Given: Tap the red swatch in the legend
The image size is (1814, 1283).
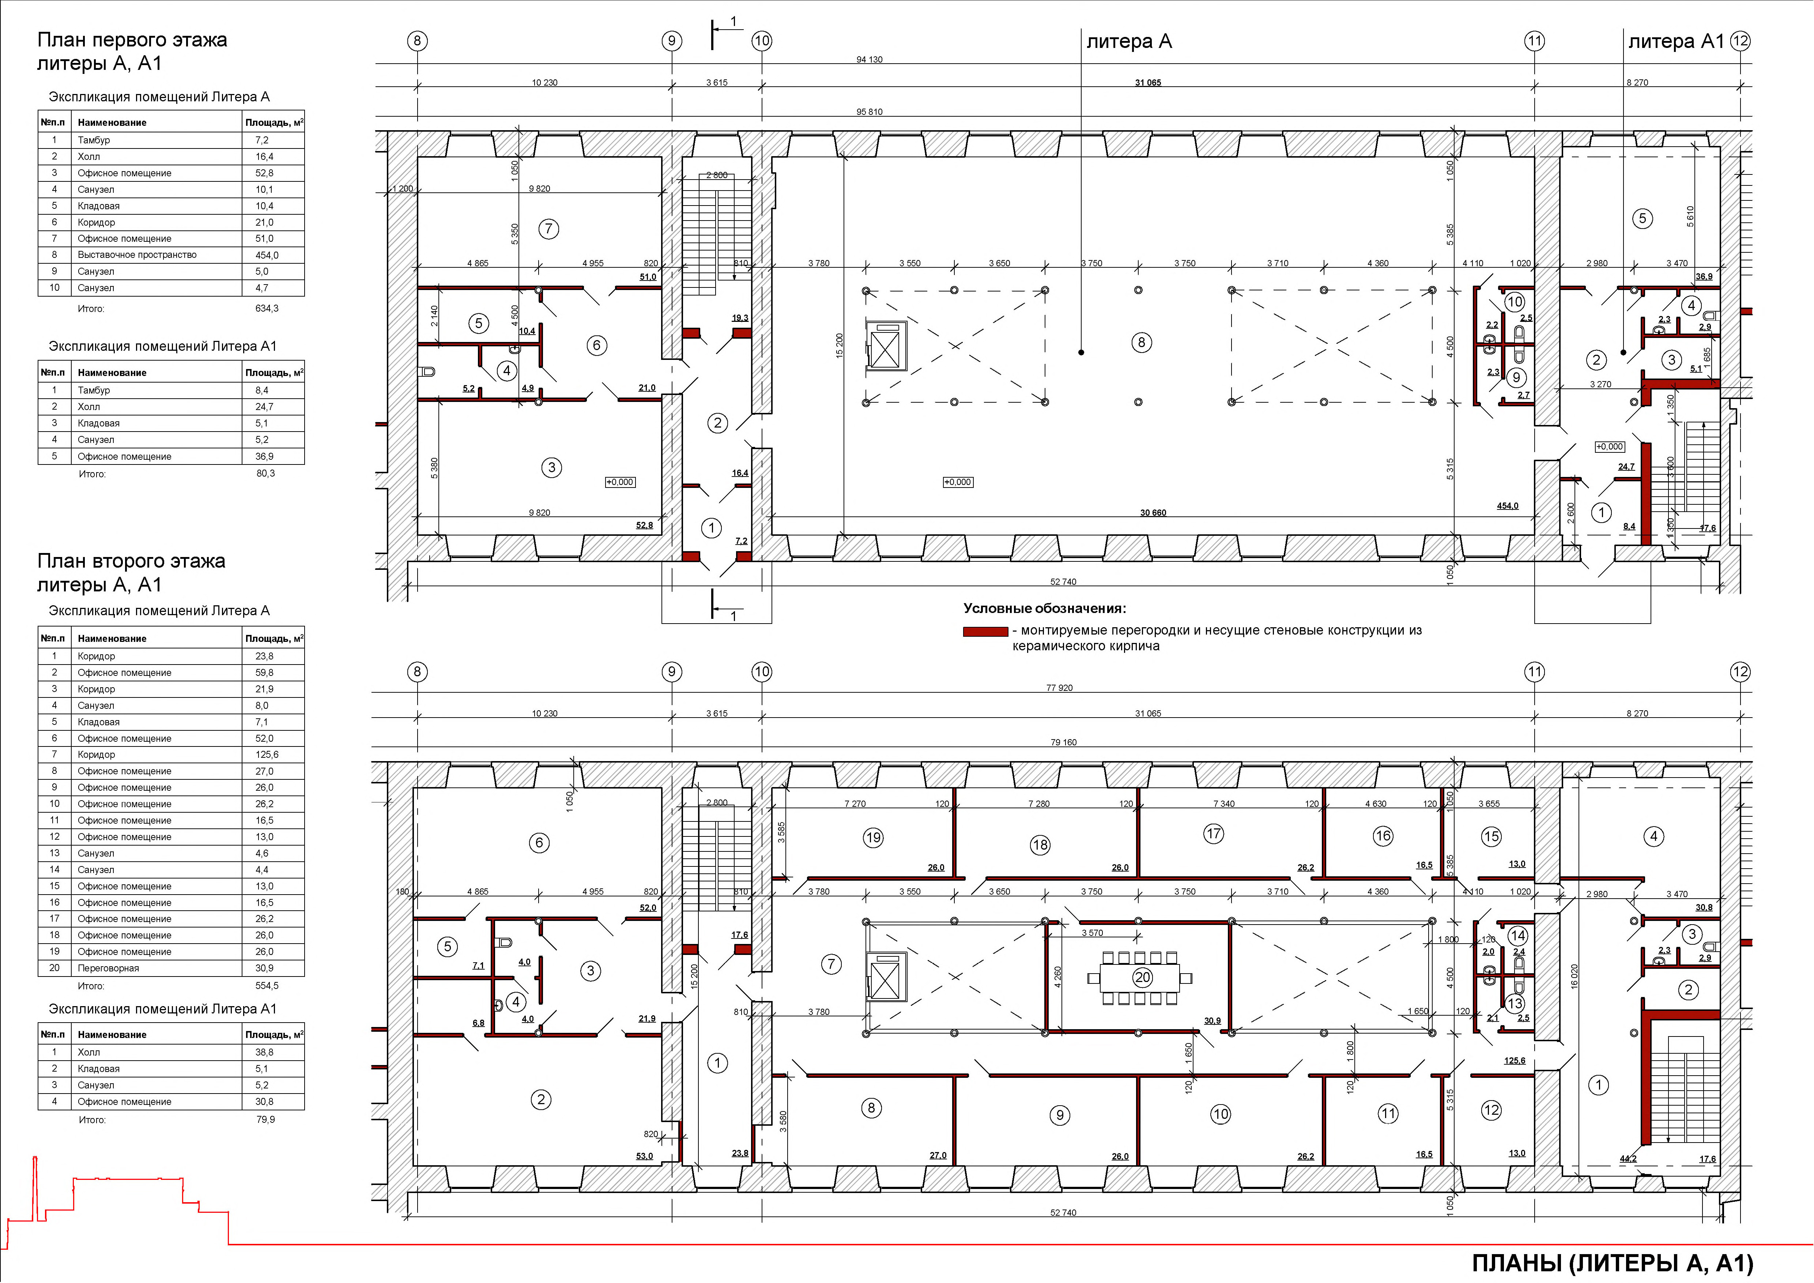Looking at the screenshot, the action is pos(985,631).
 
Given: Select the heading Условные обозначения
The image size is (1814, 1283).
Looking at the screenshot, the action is pos(1044,608).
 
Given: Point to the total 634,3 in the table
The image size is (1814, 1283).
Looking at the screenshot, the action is pos(267,308).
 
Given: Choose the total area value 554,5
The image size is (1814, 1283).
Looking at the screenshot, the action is pos(267,986).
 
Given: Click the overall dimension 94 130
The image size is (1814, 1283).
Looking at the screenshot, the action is pos(869,59).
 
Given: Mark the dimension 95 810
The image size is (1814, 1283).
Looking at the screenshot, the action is pos(869,112).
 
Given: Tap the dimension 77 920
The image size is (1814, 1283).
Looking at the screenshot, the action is pos(1060,687).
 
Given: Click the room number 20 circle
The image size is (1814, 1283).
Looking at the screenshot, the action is pos(1142,977).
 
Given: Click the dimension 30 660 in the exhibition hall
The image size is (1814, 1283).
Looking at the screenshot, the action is pos(1153,513).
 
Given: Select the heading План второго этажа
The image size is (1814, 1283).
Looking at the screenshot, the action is pos(131,561).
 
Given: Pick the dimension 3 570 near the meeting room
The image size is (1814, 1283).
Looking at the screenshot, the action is pos(1092,933).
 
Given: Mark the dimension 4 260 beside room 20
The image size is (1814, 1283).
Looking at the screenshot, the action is pos(1058,977).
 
